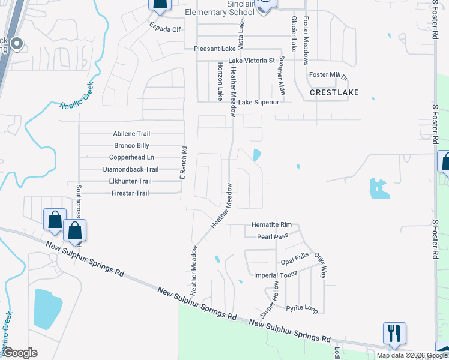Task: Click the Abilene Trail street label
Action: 131,134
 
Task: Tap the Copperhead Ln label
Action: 134,157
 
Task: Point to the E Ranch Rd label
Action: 184,164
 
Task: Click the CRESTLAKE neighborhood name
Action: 334,93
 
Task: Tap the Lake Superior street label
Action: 259,103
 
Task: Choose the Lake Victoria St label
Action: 252,61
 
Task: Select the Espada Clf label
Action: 166,28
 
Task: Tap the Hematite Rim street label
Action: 271,224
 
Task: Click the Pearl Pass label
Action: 273,236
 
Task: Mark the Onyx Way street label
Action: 322,263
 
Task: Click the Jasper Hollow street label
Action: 270,299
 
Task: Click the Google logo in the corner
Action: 20,353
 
